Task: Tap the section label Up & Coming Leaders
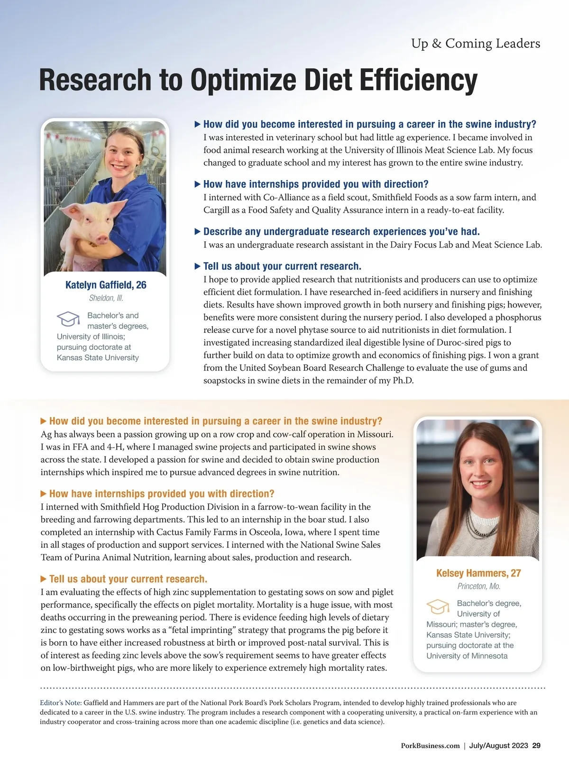[x=476, y=44]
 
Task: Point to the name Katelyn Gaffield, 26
[x=106, y=285]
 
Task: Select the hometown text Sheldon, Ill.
[x=106, y=298]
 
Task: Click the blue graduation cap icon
[x=68, y=319]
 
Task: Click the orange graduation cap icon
[x=438, y=606]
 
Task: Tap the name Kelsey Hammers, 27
[x=478, y=573]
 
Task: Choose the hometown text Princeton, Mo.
[x=478, y=586]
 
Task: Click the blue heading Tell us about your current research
[x=282, y=266]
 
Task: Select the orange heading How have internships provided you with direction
[x=162, y=494]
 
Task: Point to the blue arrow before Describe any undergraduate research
[x=198, y=232]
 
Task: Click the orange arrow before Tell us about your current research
[x=44, y=579]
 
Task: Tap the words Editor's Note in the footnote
[x=61, y=703]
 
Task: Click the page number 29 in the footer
[x=536, y=746]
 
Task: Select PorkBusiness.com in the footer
[x=430, y=746]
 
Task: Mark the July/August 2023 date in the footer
[x=498, y=746]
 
